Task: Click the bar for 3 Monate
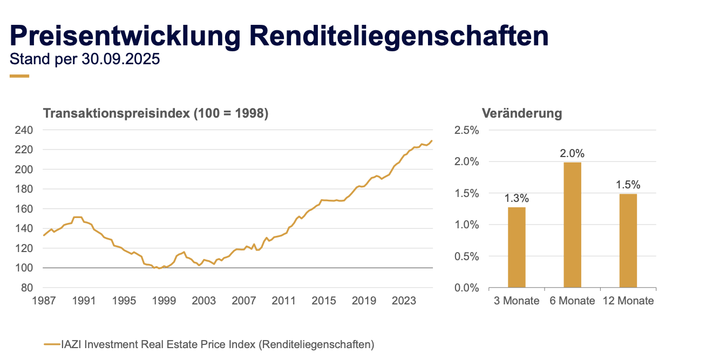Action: (x=517, y=247)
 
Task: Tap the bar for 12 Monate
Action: (x=628, y=240)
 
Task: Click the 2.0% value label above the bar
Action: (x=572, y=153)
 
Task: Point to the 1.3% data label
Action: (x=517, y=198)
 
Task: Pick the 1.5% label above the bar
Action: (x=628, y=185)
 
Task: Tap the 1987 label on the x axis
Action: (x=44, y=301)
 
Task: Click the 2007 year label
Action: (x=244, y=301)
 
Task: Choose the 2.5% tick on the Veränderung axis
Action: (x=467, y=130)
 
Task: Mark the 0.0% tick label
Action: (x=467, y=288)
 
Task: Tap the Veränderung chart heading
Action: (x=522, y=113)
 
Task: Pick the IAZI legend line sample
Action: (x=51, y=344)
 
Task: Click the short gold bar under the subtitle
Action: (x=19, y=76)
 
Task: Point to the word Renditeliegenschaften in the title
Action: (x=399, y=36)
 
